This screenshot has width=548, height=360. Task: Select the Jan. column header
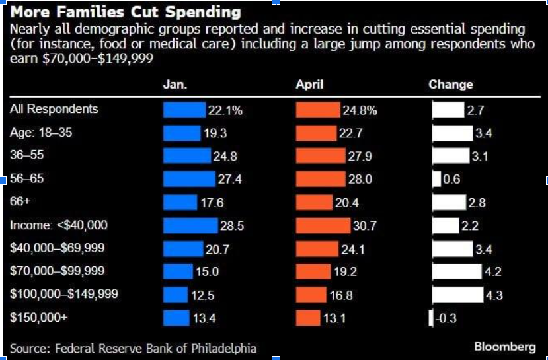175,85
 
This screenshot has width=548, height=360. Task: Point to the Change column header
451,85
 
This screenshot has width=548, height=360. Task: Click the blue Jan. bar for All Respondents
184,110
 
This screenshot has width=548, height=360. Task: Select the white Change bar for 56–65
436,179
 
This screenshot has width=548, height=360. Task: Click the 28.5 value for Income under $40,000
232,226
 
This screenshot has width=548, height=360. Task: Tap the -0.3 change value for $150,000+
446,318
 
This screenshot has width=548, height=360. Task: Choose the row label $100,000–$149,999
64,294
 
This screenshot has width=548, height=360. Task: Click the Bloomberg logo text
505,347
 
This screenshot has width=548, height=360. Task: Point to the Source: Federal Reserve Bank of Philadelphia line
133,348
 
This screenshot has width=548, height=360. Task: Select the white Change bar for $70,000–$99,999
457,271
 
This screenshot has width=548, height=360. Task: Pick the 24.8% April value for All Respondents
360,110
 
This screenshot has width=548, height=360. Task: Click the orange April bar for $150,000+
308,318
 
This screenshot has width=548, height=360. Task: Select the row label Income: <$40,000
58,225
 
